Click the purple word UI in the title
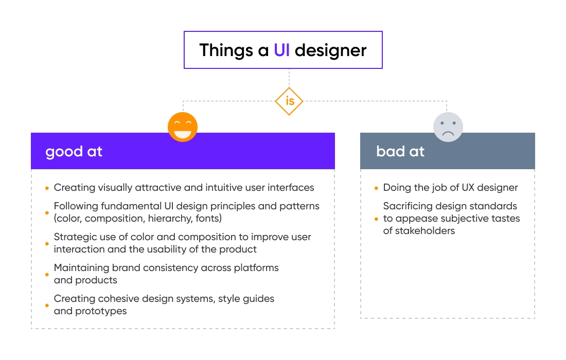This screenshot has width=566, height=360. [281, 50]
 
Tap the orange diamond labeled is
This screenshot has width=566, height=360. [289, 101]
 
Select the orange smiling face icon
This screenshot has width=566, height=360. [183, 127]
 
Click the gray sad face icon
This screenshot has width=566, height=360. [448, 127]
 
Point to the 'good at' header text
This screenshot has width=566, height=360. [74, 152]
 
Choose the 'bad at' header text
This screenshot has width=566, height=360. [400, 152]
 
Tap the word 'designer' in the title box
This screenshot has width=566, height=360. [330, 50]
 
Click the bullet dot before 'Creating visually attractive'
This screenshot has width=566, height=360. [47, 188]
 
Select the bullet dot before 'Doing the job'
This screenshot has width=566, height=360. [376, 188]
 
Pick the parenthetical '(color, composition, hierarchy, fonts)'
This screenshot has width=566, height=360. [139, 219]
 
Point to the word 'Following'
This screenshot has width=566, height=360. [75, 206]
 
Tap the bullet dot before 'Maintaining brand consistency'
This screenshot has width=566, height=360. [47, 275]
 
